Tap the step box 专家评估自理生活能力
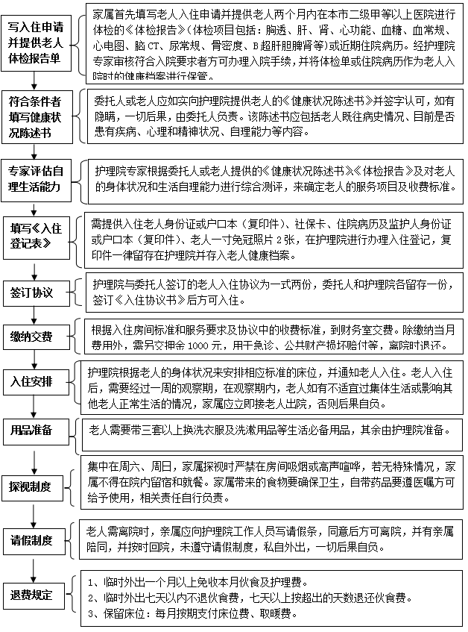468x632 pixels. click(36, 177)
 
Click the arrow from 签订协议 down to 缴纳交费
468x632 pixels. click(33, 313)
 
